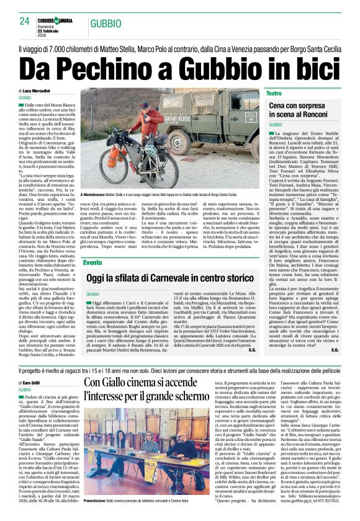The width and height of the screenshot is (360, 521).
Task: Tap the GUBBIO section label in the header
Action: click(102, 24)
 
